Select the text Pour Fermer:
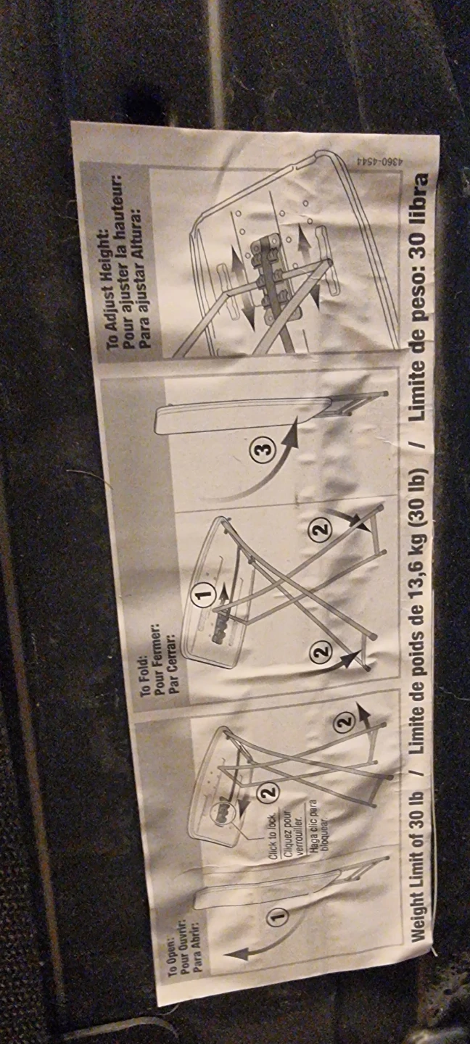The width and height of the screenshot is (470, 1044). (x=159, y=667)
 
